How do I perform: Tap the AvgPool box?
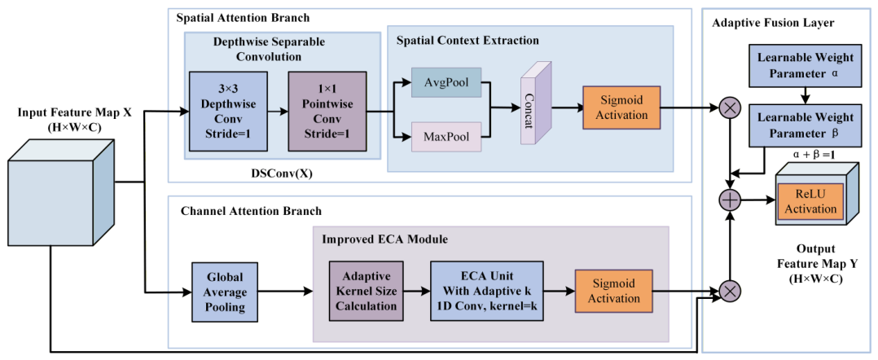[x=446, y=82]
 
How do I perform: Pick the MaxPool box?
[x=446, y=137]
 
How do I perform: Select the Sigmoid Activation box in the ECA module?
[x=614, y=291]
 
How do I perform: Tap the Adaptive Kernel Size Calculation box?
[x=367, y=291]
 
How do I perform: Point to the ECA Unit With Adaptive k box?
[x=486, y=291]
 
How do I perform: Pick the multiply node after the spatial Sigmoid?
[x=730, y=109]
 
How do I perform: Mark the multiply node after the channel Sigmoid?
[x=730, y=291]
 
